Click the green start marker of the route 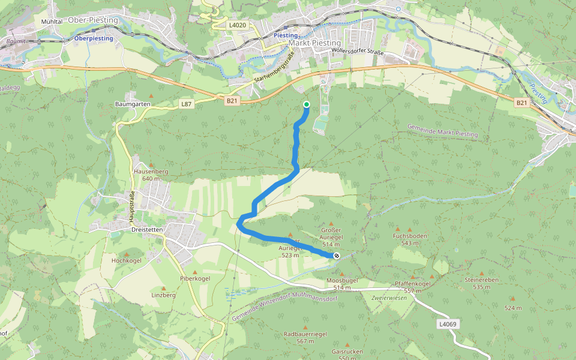(x=307, y=104)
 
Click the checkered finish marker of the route (x=336, y=256)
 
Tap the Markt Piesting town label (x=314, y=43)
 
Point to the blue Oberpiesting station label (x=94, y=38)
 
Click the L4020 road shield (x=238, y=25)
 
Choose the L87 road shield (x=187, y=104)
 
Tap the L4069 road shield (x=447, y=324)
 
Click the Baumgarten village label (x=132, y=104)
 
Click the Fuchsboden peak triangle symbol (x=410, y=229)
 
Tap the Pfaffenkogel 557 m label (x=413, y=287)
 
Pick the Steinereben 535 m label (x=482, y=283)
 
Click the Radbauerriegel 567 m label (x=305, y=337)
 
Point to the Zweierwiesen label (x=389, y=298)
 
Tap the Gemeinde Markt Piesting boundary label (x=442, y=130)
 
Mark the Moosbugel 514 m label (x=342, y=284)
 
